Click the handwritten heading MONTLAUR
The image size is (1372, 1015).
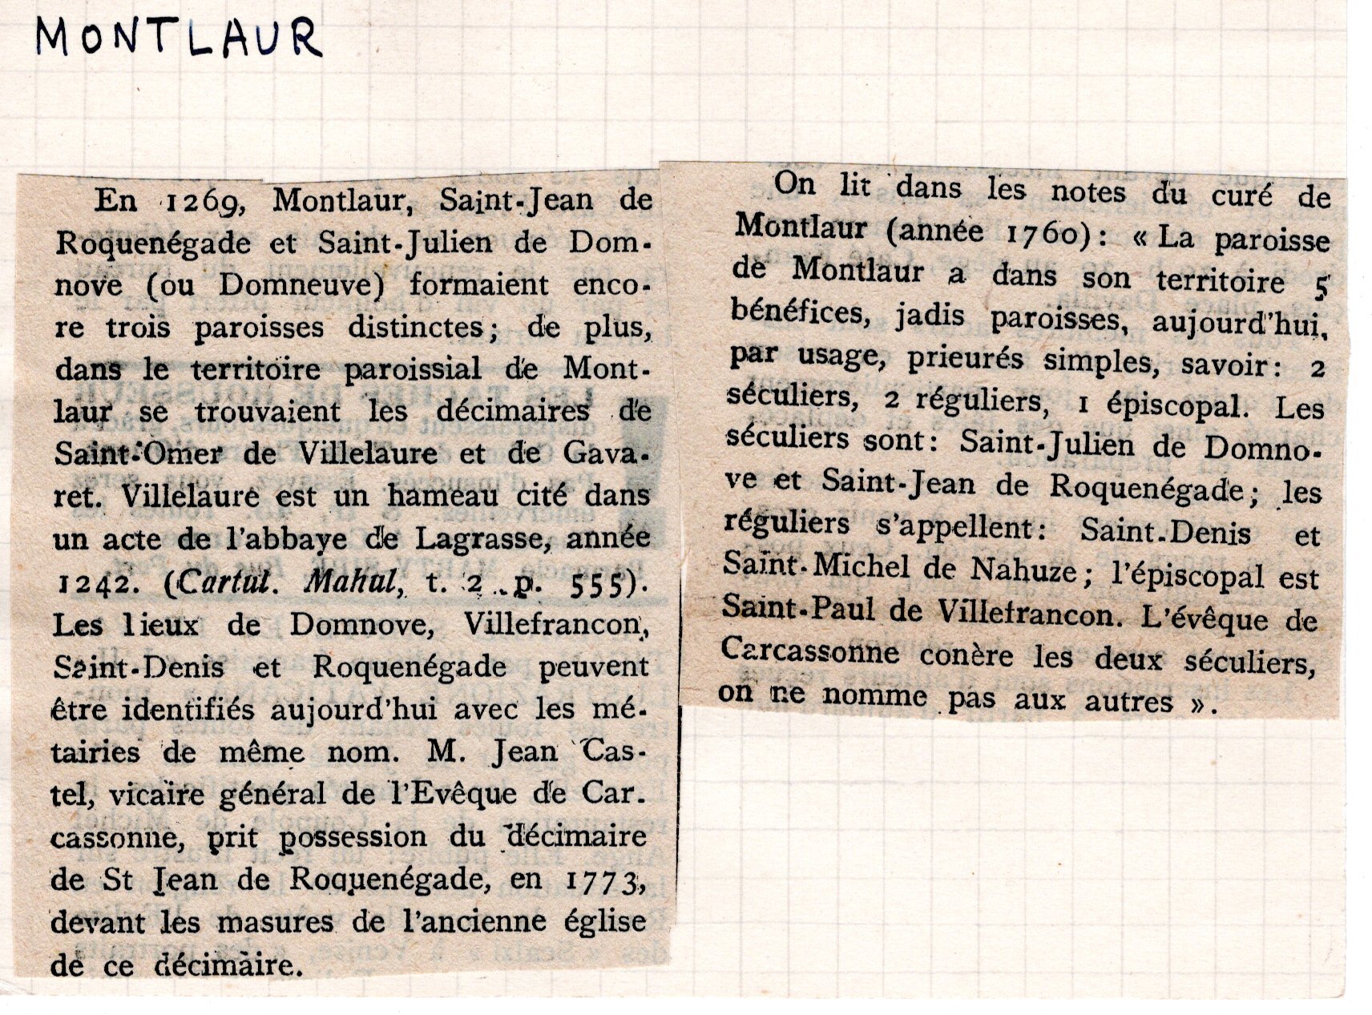(x=178, y=38)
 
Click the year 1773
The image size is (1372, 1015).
(x=607, y=882)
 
